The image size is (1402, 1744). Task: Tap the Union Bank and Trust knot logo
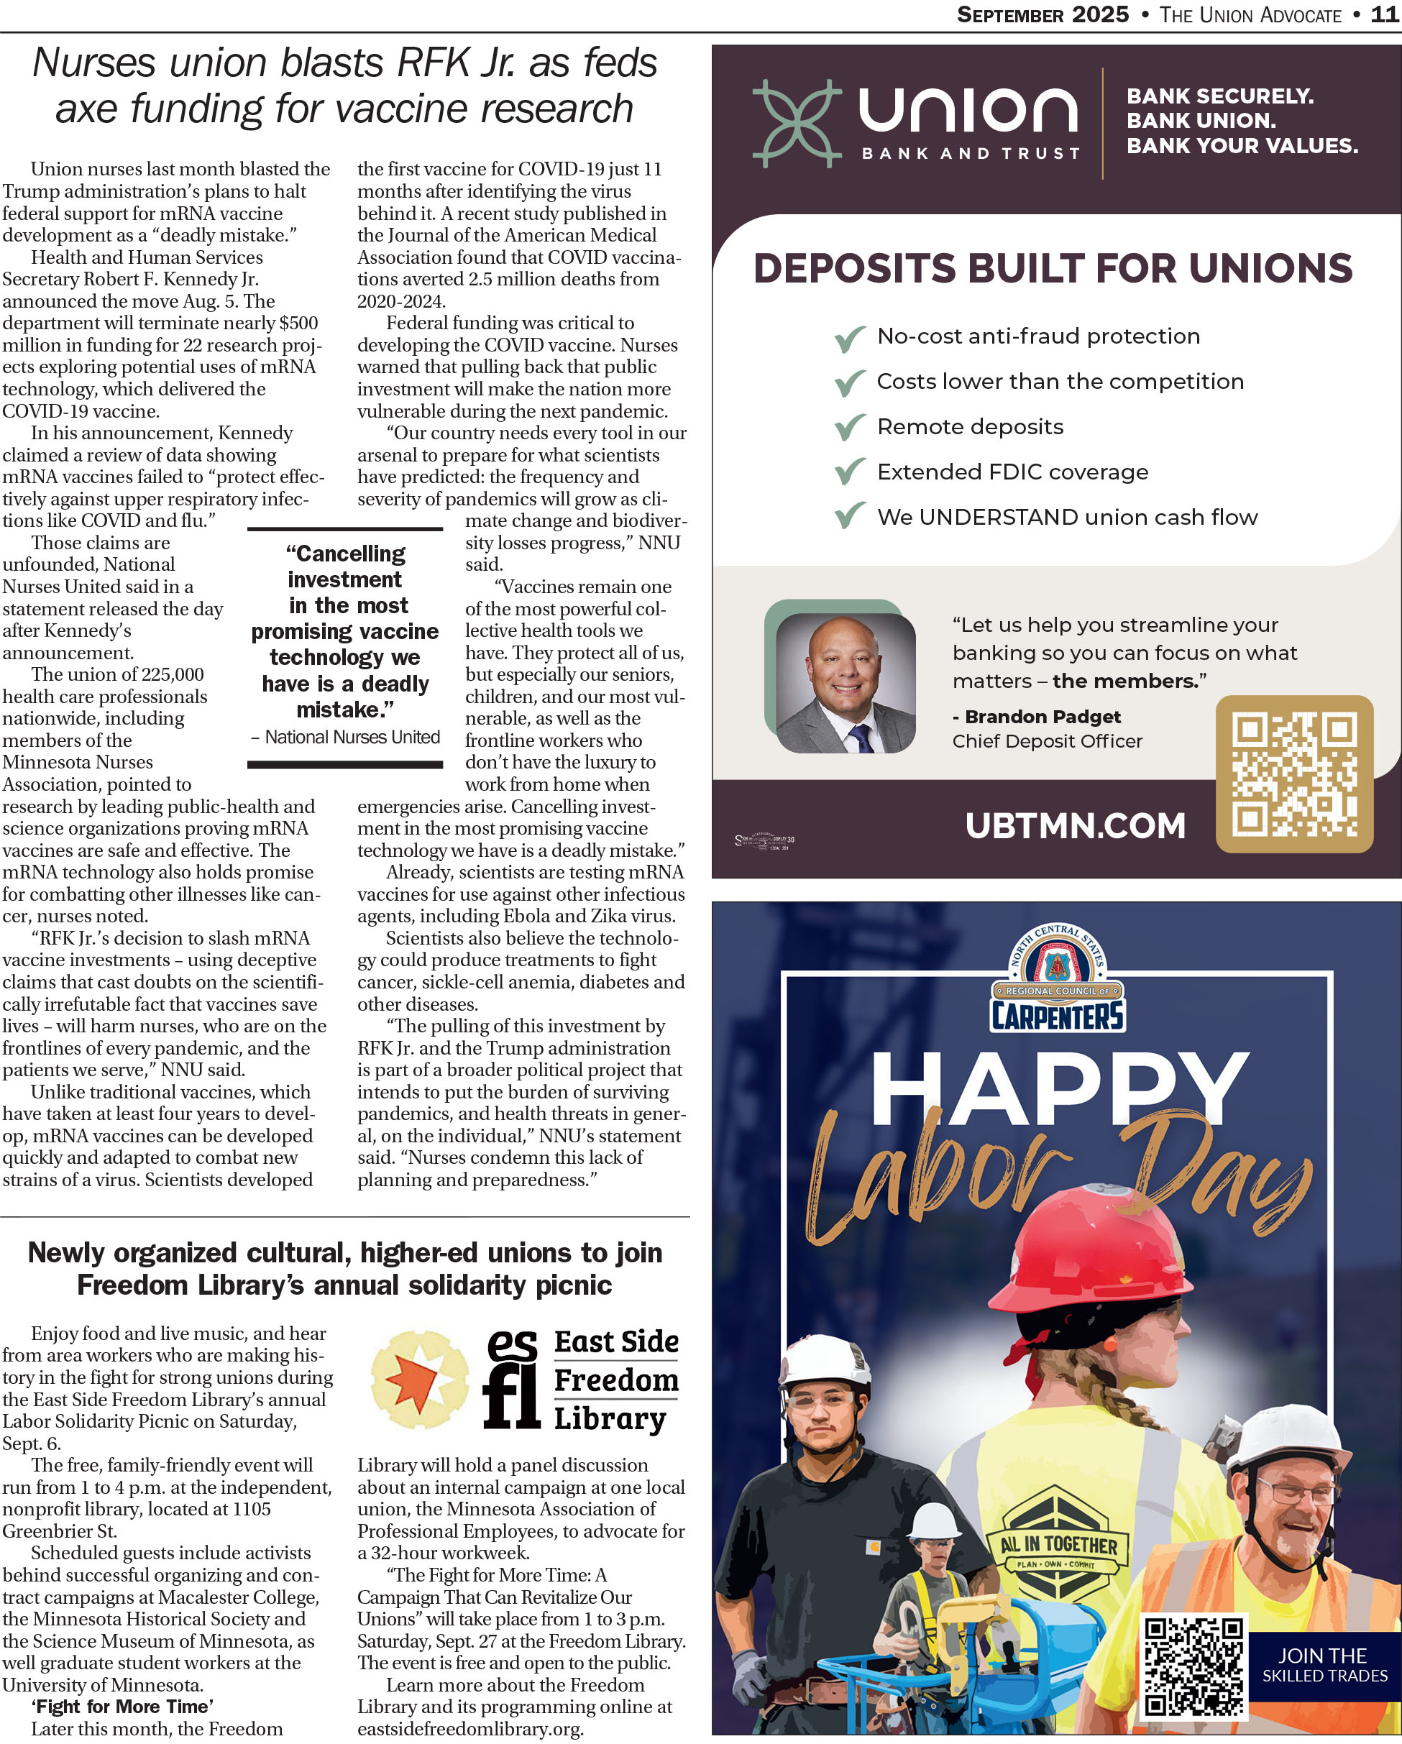click(x=796, y=124)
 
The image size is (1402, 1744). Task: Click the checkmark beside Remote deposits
click(x=849, y=427)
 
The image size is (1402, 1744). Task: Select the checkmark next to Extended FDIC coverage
click(x=849, y=472)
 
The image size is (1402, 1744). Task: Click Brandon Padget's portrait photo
click(x=845, y=683)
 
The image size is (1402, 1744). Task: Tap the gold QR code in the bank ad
click(x=1293, y=774)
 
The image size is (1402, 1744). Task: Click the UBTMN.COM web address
click(x=1074, y=826)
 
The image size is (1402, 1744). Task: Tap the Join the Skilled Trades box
click(x=1324, y=1665)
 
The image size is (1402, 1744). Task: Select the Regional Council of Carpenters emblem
click(x=1058, y=980)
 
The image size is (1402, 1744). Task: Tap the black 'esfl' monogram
click(x=511, y=1380)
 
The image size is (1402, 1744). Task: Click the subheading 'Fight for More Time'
click(x=122, y=1707)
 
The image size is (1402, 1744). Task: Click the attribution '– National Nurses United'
click(x=345, y=738)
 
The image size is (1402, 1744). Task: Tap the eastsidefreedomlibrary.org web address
click(x=470, y=1730)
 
